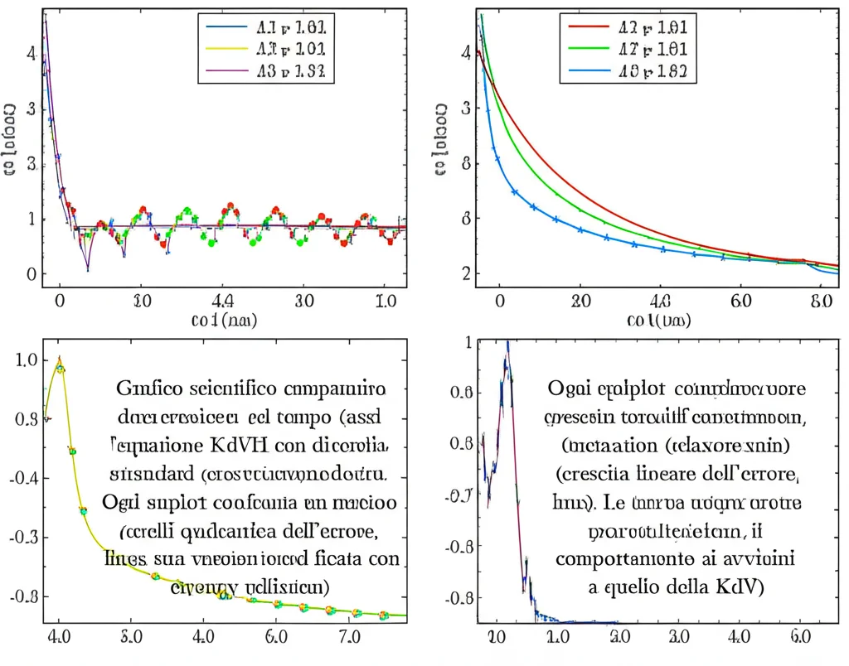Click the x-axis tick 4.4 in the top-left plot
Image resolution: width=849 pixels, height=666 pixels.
click(x=223, y=302)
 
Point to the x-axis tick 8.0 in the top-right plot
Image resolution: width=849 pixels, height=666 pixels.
click(x=821, y=302)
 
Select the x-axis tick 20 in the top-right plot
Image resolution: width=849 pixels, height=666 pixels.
click(x=580, y=302)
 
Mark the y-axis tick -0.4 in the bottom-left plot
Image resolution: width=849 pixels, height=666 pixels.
click(x=25, y=477)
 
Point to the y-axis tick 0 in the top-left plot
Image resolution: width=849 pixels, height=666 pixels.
click(x=32, y=274)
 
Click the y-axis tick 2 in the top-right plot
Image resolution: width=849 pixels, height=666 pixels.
click(x=467, y=274)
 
